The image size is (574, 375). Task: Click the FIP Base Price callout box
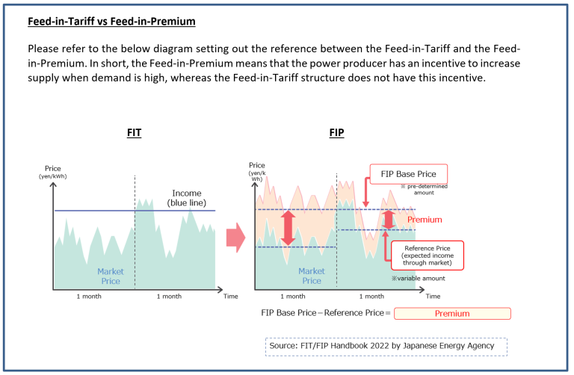click(x=408, y=174)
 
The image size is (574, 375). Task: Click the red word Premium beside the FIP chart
click(x=425, y=220)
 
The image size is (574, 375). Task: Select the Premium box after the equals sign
click(x=452, y=314)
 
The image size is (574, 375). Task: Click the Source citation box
click(x=386, y=347)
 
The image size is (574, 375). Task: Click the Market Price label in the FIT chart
click(x=109, y=276)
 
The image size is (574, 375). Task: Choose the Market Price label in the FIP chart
click(x=312, y=276)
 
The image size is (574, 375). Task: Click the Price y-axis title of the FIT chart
click(x=52, y=171)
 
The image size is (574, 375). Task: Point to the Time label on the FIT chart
click(x=231, y=297)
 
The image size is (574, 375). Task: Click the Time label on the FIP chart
click(x=433, y=297)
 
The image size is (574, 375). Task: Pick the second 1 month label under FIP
click(x=381, y=297)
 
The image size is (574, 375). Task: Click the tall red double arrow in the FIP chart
click(x=288, y=228)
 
